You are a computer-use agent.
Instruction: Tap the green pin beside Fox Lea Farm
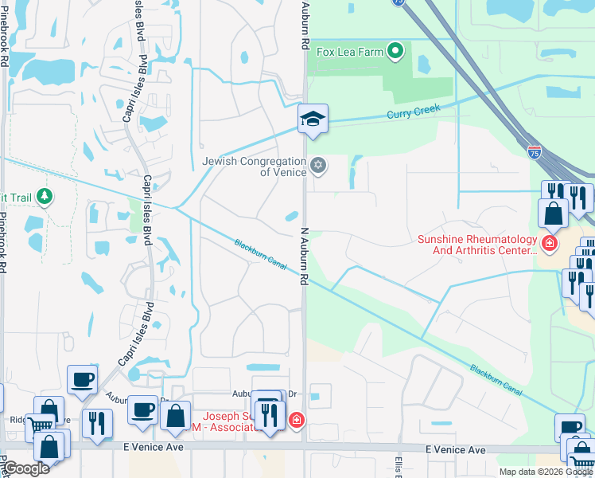[x=395, y=53]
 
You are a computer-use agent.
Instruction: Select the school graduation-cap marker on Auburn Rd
[x=313, y=119]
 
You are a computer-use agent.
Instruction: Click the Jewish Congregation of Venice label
[x=254, y=167]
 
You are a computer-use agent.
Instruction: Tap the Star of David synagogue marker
[x=318, y=166]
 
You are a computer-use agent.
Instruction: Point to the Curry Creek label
[x=413, y=114]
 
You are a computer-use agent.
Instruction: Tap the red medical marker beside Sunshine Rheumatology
[x=549, y=241]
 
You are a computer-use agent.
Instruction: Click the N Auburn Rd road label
[x=304, y=256]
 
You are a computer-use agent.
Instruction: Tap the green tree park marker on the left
[x=45, y=196]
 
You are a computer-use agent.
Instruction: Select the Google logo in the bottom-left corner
[x=25, y=468]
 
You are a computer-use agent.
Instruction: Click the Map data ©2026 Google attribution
[x=546, y=472]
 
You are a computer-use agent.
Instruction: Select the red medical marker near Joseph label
[x=296, y=419]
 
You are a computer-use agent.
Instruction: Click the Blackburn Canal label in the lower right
[x=495, y=380]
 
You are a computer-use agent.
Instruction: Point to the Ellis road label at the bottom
[x=399, y=465]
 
